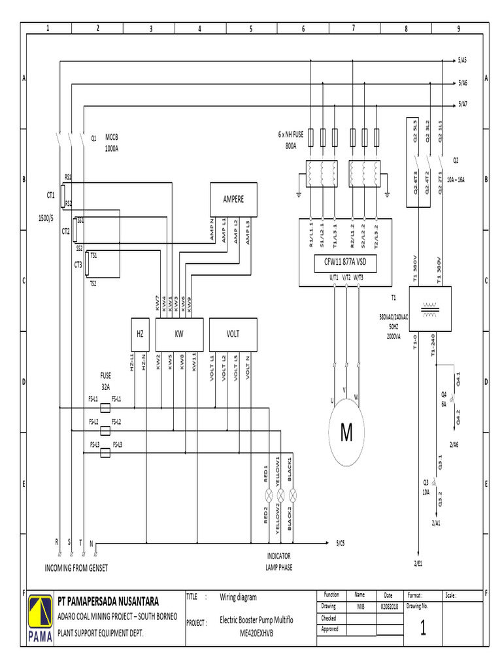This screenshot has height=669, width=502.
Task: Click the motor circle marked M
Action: click(x=346, y=433)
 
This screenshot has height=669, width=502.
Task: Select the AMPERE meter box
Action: click(x=233, y=199)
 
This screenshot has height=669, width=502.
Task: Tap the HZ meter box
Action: click(x=140, y=333)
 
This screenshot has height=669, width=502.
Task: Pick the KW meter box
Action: click(x=179, y=333)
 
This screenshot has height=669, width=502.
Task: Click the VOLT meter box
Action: click(x=233, y=333)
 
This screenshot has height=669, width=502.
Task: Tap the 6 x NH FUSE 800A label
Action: click(x=292, y=140)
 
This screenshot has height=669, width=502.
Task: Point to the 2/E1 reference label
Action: click(x=418, y=563)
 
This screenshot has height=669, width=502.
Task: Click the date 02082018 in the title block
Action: click(x=388, y=607)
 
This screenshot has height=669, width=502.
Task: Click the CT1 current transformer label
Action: click(x=50, y=194)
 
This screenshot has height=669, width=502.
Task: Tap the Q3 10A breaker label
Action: click(x=426, y=487)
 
